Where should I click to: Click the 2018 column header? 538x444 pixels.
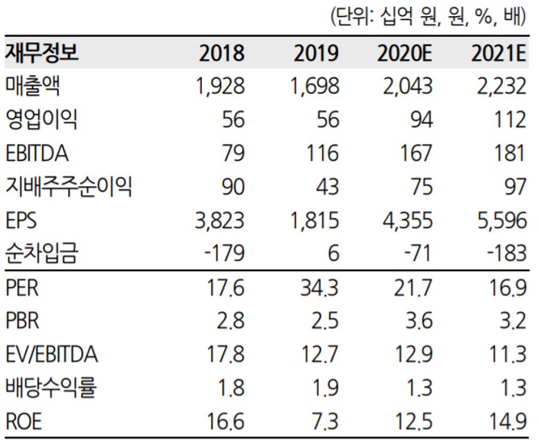click(x=221, y=54)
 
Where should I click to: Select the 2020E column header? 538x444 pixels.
click(x=405, y=54)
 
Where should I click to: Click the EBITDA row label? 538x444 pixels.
click(x=37, y=153)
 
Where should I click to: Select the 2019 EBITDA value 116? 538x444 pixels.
click(x=321, y=153)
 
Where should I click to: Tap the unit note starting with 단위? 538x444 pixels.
click(x=427, y=16)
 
